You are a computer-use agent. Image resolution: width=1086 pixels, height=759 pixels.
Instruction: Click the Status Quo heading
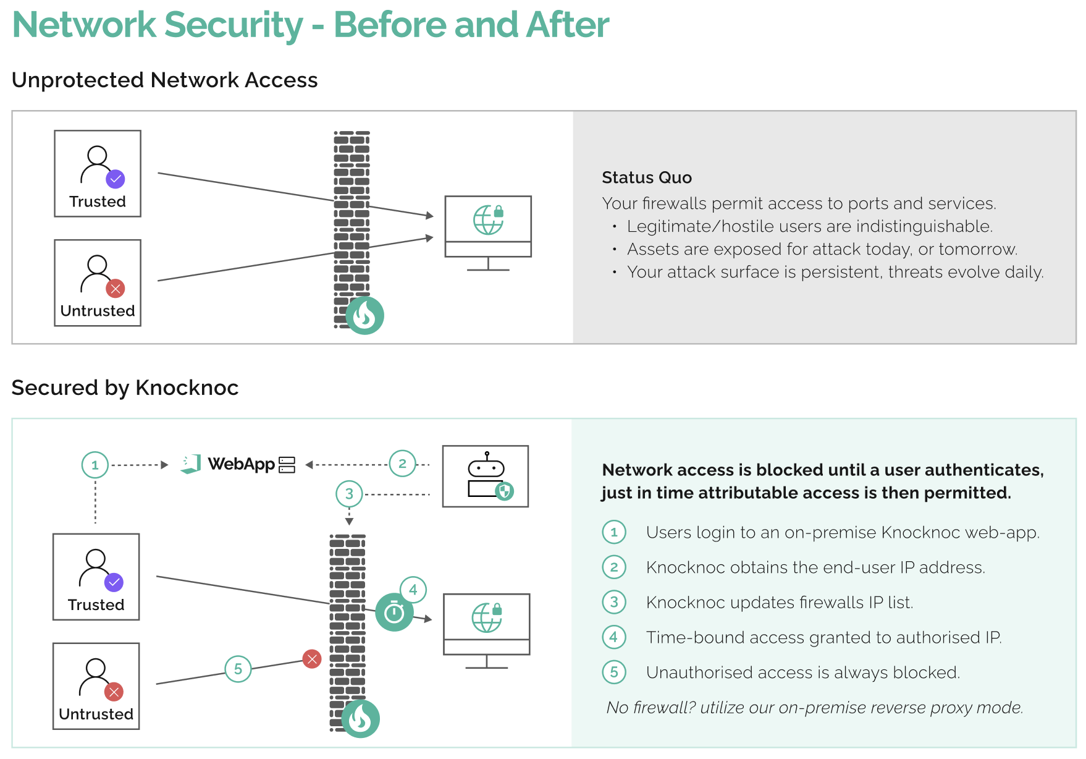[646, 178]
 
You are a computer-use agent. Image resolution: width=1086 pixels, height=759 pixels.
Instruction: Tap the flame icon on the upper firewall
[365, 315]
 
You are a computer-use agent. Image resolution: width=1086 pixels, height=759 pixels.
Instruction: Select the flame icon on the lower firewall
[361, 718]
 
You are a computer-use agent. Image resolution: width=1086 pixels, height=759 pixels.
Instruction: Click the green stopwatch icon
[394, 613]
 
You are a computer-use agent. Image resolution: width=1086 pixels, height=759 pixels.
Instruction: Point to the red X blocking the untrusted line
[312, 659]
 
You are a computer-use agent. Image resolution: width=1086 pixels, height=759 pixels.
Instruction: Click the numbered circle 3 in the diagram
[349, 494]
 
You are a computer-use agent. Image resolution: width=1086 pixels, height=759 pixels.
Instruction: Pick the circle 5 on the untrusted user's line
[238, 669]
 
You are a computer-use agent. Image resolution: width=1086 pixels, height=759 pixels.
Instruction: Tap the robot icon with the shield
[486, 476]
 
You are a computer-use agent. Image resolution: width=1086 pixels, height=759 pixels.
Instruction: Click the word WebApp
[241, 464]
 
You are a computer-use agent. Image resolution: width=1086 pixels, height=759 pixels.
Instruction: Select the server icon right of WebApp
[287, 465]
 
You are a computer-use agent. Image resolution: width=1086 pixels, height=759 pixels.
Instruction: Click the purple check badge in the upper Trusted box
[116, 179]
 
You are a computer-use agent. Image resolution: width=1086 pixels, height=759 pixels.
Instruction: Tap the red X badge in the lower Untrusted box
[114, 692]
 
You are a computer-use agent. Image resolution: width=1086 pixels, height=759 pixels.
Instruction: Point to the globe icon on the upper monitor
[487, 220]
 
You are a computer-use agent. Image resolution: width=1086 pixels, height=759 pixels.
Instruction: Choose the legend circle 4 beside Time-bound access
[614, 637]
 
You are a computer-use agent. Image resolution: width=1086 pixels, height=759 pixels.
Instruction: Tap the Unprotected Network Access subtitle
[164, 80]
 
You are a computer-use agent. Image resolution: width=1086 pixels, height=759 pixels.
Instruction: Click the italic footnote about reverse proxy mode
[814, 707]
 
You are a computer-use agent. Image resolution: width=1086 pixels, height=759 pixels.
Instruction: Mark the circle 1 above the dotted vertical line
[95, 465]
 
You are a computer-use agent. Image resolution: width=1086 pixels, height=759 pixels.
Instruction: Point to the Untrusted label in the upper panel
[98, 311]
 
